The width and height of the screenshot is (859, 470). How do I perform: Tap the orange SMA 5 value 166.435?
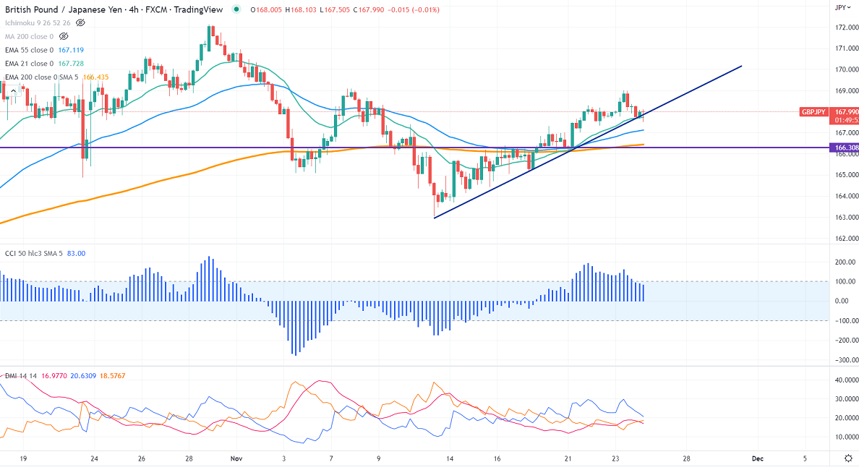click(96, 77)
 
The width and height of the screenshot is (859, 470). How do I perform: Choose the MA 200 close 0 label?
click(29, 36)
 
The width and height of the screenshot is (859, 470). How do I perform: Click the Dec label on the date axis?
click(757, 458)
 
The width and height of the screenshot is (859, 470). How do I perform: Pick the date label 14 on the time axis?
click(449, 458)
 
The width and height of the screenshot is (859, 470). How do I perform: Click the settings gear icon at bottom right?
click(848, 458)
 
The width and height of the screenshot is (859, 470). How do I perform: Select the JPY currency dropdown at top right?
click(841, 7)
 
